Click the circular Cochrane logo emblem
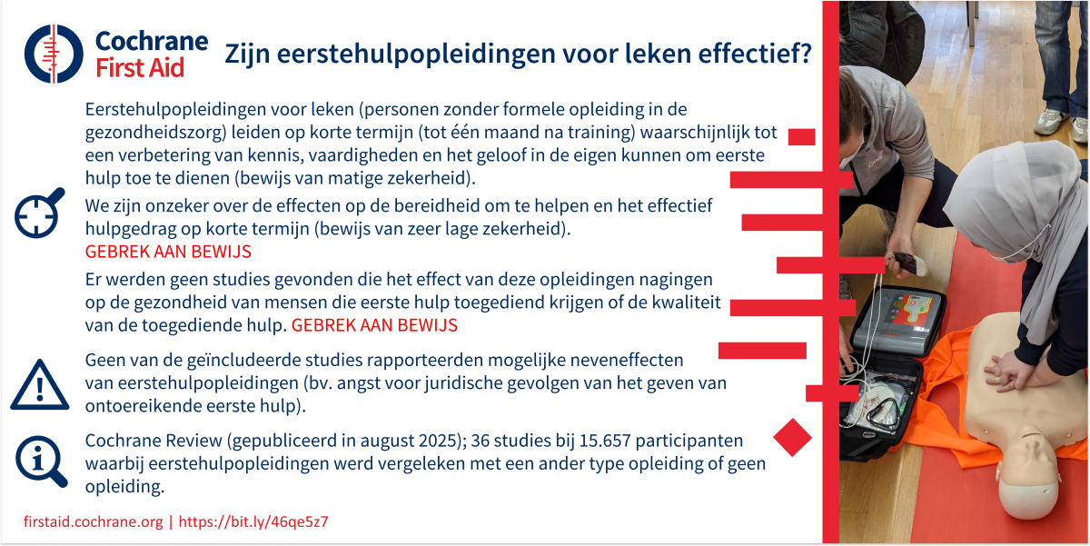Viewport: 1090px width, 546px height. (x=54, y=54)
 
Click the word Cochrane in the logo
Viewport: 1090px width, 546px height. (x=152, y=41)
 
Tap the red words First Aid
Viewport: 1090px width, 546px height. (x=140, y=67)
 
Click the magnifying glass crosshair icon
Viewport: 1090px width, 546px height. (x=39, y=213)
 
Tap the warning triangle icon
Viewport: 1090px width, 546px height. (x=40, y=385)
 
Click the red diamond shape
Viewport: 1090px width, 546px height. (x=792, y=437)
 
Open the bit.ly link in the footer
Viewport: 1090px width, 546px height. (x=253, y=521)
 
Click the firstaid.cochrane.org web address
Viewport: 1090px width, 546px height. (x=93, y=521)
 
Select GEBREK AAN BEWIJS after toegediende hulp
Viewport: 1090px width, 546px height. (x=374, y=325)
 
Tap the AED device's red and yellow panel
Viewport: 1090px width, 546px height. (x=914, y=312)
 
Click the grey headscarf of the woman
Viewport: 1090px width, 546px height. (x=1017, y=204)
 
